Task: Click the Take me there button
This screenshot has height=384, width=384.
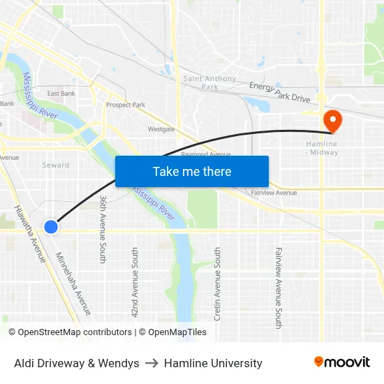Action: tap(192, 171)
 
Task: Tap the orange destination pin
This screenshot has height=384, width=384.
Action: tap(332, 120)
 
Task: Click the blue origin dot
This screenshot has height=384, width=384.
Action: tap(51, 226)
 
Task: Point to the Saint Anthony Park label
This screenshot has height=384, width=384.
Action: tap(209, 83)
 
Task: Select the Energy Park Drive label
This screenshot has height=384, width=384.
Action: tap(280, 93)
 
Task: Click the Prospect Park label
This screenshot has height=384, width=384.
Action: tap(126, 105)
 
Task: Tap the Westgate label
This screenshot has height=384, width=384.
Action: tap(161, 129)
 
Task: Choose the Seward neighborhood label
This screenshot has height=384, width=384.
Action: tap(56, 165)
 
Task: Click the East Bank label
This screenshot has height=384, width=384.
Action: tap(61, 94)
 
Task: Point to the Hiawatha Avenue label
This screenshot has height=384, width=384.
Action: tap(31, 234)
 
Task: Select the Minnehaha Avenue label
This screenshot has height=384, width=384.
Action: tap(74, 283)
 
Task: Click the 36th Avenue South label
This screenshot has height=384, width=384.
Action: tap(103, 229)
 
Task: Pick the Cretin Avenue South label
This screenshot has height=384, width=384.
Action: tap(218, 283)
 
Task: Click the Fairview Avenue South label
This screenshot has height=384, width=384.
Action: tap(279, 287)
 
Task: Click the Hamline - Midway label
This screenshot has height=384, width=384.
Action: tap(322, 148)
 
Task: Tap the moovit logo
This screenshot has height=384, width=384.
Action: tap(342, 362)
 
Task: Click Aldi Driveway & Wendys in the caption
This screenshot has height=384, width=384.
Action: tap(76, 363)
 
